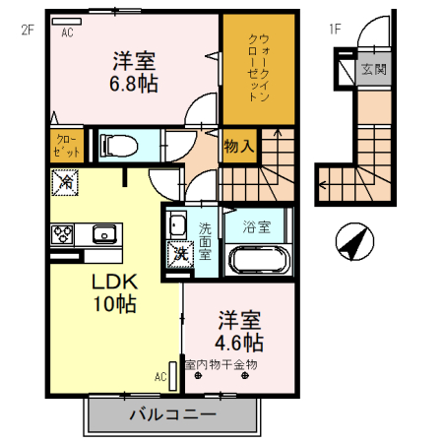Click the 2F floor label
27,30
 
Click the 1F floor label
336,30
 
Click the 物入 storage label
238,147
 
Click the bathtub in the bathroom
258,261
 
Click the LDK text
114,281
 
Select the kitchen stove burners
62,234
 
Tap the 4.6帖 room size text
239,343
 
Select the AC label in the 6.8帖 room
68,32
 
